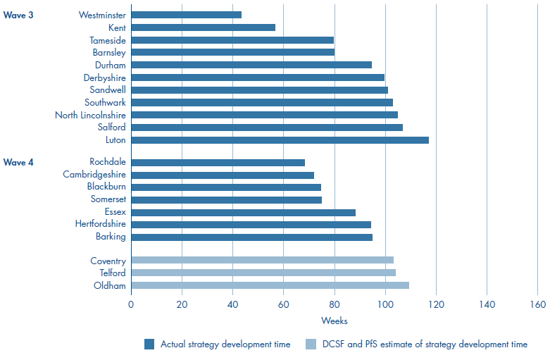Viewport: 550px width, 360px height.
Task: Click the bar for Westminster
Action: [x=186, y=15]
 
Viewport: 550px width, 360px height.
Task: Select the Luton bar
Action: [x=280, y=140]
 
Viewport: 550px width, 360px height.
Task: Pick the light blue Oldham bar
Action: [x=270, y=285]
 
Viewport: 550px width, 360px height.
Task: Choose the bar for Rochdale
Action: [x=218, y=163]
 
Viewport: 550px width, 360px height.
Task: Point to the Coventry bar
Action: [x=262, y=261]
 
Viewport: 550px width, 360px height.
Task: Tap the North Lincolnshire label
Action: [x=91, y=115]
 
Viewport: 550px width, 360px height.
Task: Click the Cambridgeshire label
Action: [x=94, y=175]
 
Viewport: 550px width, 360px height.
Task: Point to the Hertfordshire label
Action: [x=101, y=224]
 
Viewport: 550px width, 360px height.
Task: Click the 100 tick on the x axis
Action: [x=385, y=305]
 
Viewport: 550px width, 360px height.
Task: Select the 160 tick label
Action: [x=537, y=305]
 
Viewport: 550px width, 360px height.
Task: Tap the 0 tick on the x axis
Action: [x=131, y=305]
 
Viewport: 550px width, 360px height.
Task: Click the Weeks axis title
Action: [x=334, y=321]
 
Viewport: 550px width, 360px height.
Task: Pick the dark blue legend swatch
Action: [x=149, y=345]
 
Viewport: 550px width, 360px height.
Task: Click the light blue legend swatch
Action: [x=311, y=345]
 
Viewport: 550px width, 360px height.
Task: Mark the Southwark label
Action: [x=105, y=102]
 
